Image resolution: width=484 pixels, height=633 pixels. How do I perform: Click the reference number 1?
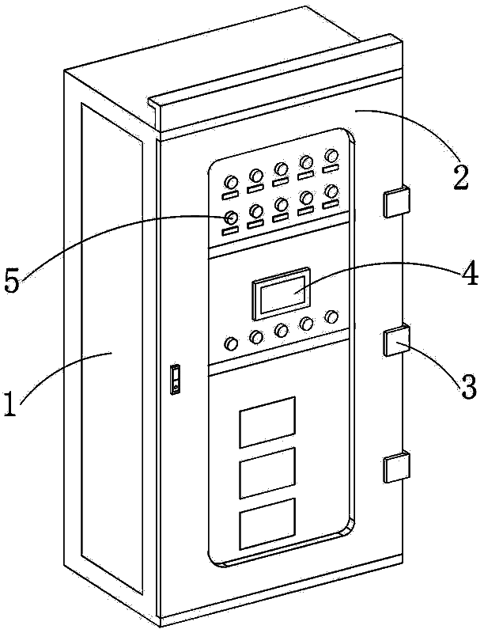click(11, 401)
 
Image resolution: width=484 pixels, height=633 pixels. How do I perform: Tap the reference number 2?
click(460, 176)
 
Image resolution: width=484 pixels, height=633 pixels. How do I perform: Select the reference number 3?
click(468, 387)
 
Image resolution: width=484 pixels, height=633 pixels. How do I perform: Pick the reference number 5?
click(12, 282)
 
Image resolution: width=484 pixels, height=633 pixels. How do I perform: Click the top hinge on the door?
click(396, 203)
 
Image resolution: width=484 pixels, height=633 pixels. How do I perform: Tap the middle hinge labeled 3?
click(396, 340)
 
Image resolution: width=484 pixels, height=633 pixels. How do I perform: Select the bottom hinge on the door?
click(396, 467)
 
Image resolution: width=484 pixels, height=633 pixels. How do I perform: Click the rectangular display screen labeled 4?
click(282, 294)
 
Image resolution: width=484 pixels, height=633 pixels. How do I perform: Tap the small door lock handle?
click(175, 379)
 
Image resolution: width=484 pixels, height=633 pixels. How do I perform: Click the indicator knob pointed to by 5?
click(231, 218)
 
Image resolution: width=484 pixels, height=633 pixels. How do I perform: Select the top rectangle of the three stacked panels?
click(267, 422)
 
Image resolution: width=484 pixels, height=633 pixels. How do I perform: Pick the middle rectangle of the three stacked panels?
click(267, 472)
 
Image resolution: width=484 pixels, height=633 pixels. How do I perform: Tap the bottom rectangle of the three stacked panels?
click(267, 524)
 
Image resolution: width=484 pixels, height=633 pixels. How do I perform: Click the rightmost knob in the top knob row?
click(331, 154)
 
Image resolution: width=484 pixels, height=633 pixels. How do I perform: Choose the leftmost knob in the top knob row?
click(231, 182)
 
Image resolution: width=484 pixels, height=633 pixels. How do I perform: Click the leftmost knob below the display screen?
click(231, 343)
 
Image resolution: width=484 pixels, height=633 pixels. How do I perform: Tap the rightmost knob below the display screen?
click(332, 316)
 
